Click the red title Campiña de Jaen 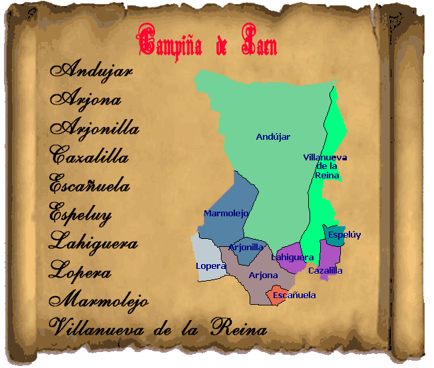(207, 42)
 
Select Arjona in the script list (86, 100)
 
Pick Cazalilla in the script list (89, 157)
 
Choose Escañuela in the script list (90, 186)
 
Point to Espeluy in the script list (81, 215)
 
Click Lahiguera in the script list (93, 243)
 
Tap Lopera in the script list (80, 272)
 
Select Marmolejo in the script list (99, 301)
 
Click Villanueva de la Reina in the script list (158, 328)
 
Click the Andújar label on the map (274, 137)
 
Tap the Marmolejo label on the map (226, 214)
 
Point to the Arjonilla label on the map (246, 247)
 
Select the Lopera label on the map (211, 266)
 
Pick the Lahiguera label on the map (292, 258)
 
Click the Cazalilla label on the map (325, 271)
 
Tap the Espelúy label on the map (344, 235)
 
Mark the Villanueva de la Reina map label (325, 166)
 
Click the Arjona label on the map (263, 276)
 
